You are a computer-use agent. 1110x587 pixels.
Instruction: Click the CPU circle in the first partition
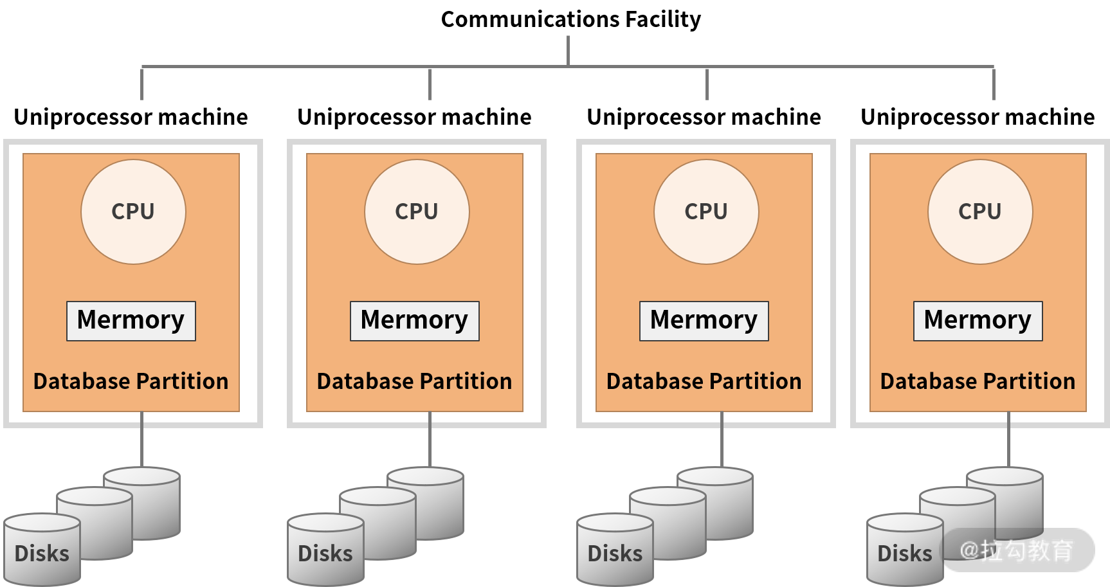(x=133, y=212)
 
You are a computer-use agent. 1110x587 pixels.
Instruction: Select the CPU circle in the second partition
(x=417, y=212)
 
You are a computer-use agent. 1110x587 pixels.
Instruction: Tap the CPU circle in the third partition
(x=706, y=212)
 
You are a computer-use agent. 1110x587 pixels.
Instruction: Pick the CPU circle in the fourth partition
(x=980, y=212)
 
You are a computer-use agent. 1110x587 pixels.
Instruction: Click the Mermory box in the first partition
(x=131, y=321)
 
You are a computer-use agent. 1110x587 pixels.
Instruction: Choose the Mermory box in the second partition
(x=415, y=321)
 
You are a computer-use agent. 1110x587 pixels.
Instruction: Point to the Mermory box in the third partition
(x=704, y=321)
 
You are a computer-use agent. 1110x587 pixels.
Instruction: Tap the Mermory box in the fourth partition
(x=978, y=321)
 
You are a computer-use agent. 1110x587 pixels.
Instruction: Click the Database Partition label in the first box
(x=131, y=381)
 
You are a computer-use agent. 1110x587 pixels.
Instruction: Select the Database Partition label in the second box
(x=415, y=381)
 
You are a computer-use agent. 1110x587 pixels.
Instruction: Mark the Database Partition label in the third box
(x=704, y=381)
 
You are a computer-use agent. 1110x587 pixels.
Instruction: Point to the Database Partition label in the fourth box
(x=978, y=381)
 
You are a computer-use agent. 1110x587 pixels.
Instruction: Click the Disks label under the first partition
(x=42, y=554)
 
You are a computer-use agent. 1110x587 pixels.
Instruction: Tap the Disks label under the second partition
(x=325, y=554)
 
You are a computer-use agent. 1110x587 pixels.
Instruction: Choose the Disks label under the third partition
(x=615, y=554)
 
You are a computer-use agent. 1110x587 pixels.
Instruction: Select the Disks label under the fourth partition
(x=905, y=554)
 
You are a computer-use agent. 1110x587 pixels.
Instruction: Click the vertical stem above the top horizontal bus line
(x=568, y=50)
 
